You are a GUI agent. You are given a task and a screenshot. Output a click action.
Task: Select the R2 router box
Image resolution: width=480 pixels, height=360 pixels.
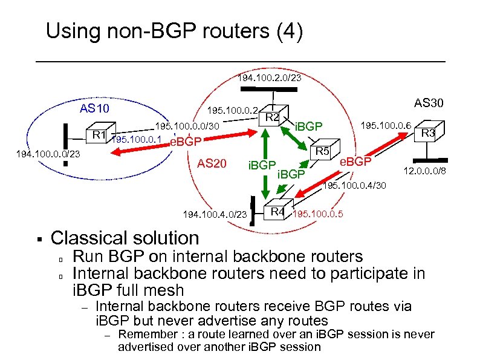coord(273,117)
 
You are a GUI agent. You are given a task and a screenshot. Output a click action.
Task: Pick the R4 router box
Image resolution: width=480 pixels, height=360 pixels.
coord(277,211)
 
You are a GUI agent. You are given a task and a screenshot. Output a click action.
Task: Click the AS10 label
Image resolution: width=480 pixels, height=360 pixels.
coord(95,109)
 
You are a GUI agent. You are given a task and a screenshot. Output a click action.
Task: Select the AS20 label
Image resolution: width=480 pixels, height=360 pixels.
coord(212,163)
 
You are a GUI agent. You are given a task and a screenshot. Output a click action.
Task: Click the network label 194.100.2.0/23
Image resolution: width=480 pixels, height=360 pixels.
coord(269,78)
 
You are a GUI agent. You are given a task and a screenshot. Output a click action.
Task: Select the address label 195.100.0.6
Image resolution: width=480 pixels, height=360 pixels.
coord(386,125)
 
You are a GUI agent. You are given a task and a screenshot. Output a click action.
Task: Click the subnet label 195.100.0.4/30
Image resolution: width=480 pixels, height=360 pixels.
coord(355,185)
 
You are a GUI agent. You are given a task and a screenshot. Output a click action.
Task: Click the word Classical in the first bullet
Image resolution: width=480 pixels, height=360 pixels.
coord(84,238)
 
